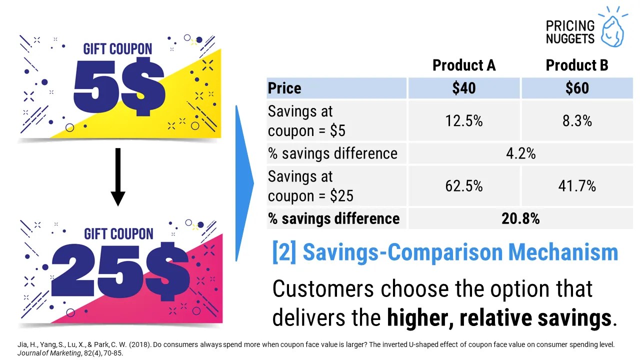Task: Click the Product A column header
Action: [x=463, y=65]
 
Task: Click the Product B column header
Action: [x=577, y=65]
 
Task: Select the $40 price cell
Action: [x=463, y=88]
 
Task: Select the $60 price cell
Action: [x=577, y=88]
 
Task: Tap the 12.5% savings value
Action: [x=463, y=121]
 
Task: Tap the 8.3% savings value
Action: [x=577, y=121]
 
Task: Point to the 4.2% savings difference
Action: [x=520, y=153]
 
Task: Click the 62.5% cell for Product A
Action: [x=463, y=186]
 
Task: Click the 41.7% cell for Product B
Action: [x=577, y=186]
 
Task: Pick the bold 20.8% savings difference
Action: [x=520, y=218]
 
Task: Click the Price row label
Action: [x=284, y=88]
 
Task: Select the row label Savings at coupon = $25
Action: [x=310, y=186]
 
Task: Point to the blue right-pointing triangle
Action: [x=244, y=183]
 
